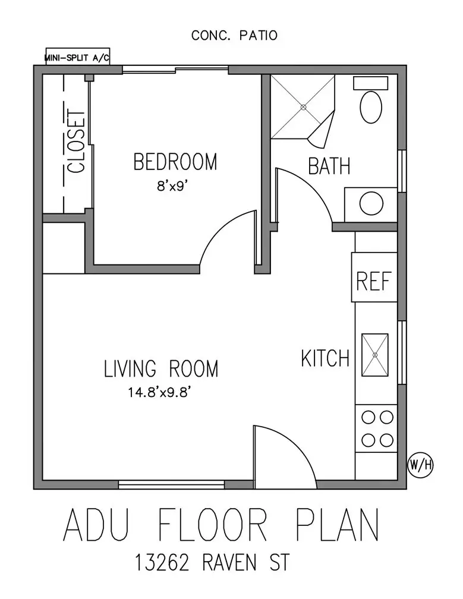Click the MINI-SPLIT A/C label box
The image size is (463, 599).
[77, 56]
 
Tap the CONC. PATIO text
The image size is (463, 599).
[234, 36]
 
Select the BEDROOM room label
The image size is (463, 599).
[175, 162]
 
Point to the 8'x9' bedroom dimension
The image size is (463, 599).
[174, 186]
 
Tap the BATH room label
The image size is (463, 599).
[329, 166]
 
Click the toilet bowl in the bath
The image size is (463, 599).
[371, 107]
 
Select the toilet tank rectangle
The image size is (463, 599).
[370, 83]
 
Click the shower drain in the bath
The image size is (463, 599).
[304, 108]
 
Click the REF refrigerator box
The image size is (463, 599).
[374, 277]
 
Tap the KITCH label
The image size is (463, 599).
[325, 358]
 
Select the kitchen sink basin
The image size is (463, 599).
[375, 355]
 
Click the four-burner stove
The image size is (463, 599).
[377, 428]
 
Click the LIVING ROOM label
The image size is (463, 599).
[161, 368]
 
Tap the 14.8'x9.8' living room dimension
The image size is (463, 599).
[159, 392]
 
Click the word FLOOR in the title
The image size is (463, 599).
[212, 524]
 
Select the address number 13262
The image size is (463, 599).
[162, 563]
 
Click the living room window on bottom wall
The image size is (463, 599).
[171, 485]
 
